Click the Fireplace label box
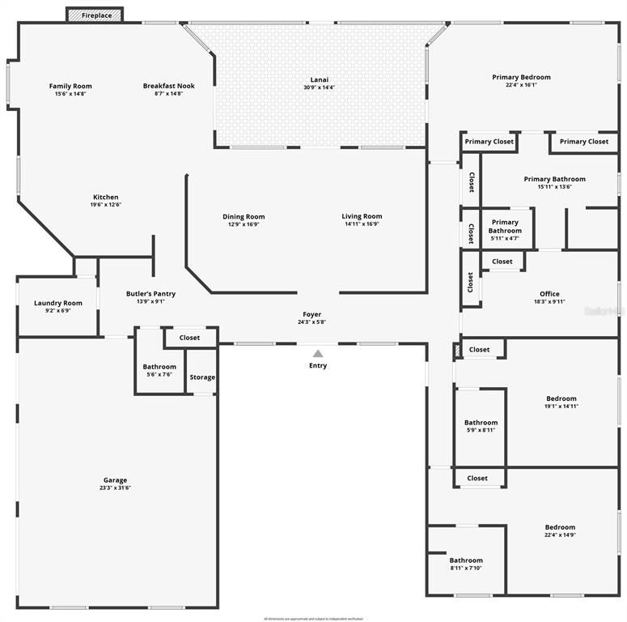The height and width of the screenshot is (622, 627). (x=95, y=15)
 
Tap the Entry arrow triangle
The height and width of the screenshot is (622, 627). (x=318, y=353)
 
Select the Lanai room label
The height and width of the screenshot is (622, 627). (x=320, y=79)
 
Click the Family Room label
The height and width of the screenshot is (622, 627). (x=70, y=86)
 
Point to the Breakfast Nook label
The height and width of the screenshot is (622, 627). (x=169, y=86)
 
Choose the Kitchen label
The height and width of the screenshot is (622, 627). (x=106, y=197)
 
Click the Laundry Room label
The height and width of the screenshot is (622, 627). (x=58, y=303)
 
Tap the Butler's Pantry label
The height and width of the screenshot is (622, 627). (x=150, y=294)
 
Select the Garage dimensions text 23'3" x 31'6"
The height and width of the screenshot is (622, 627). (x=115, y=488)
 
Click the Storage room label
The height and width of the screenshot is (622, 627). (x=202, y=377)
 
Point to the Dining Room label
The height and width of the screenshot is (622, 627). (x=244, y=216)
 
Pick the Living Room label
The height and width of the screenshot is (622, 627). (x=362, y=216)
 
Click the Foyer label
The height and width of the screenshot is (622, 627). (x=312, y=314)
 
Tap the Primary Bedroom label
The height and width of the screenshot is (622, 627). (x=521, y=77)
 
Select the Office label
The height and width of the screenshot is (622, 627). (x=549, y=294)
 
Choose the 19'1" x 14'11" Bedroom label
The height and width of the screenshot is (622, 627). (x=561, y=398)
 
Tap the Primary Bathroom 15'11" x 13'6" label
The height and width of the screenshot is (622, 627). (x=554, y=179)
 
